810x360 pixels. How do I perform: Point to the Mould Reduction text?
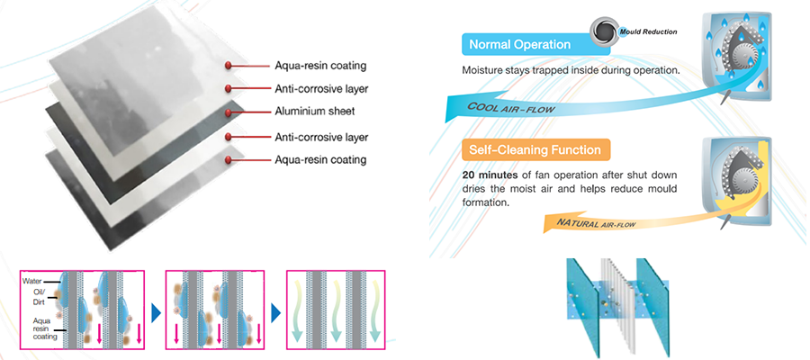tap(648, 32)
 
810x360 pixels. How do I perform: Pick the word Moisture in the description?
tap(487, 69)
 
